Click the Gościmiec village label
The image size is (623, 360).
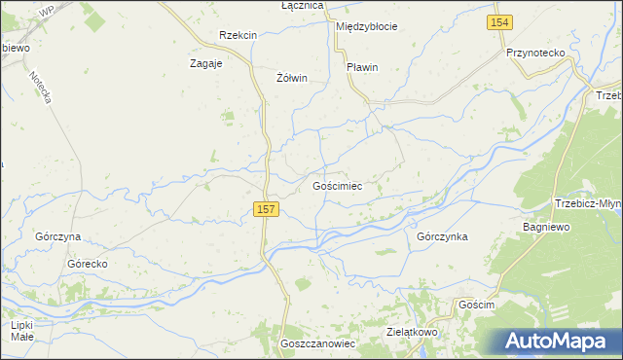pyautogui.click(x=337, y=185)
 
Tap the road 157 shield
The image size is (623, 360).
pyautogui.click(x=267, y=209)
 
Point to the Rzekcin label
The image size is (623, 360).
pyautogui.click(x=238, y=35)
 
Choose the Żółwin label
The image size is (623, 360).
pyautogui.click(x=292, y=78)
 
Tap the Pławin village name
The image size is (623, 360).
pyautogui.click(x=362, y=67)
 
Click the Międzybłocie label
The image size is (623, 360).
pyautogui.click(x=366, y=26)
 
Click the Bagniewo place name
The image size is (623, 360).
pyautogui.click(x=545, y=226)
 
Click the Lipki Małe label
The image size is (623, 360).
pyautogui.click(x=22, y=331)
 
